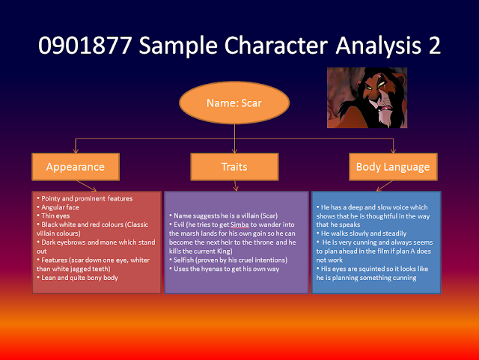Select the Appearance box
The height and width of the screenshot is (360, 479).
[x=75, y=167]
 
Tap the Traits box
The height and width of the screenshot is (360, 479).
[x=234, y=167]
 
